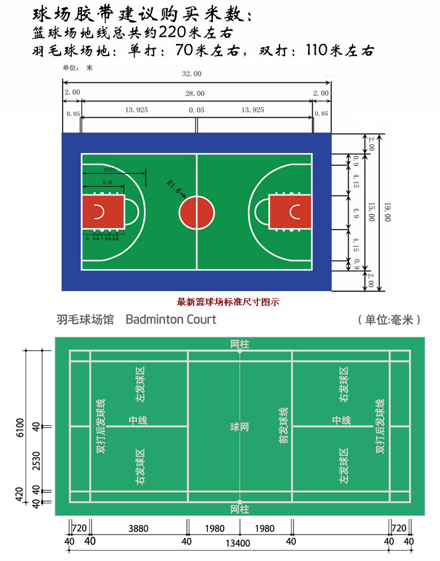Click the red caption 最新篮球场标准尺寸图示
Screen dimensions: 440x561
pos(228,302)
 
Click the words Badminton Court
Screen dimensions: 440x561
pos(171,319)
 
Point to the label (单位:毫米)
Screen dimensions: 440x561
pos(388,320)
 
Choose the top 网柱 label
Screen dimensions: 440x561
pos(240,345)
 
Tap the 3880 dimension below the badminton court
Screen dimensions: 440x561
pos(138,529)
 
